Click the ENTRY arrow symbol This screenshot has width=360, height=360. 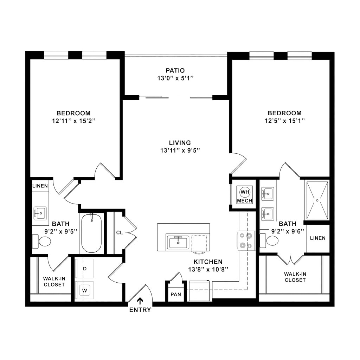point(140,301)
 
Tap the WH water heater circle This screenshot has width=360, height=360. point(245,192)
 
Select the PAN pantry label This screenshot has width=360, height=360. point(175,294)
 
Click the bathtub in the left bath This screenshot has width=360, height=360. point(91,233)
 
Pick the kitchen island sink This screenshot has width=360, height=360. point(178,242)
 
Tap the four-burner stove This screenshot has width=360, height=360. point(246,240)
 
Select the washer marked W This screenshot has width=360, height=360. point(85,290)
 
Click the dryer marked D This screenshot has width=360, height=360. point(85,269)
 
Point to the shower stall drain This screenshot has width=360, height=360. point(317,200)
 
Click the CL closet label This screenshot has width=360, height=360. point(119,232)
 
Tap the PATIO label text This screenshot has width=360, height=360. point(175,71)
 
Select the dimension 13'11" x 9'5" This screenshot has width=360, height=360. point(180,150)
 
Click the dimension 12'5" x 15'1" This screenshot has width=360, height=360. point(284,121)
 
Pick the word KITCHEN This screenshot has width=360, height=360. point(208,262)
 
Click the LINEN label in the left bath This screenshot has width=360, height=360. point(40,186)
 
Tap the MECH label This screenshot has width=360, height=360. point(245,201)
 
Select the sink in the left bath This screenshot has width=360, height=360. point(40,213)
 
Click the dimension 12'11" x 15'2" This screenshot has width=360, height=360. point(73,121)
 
